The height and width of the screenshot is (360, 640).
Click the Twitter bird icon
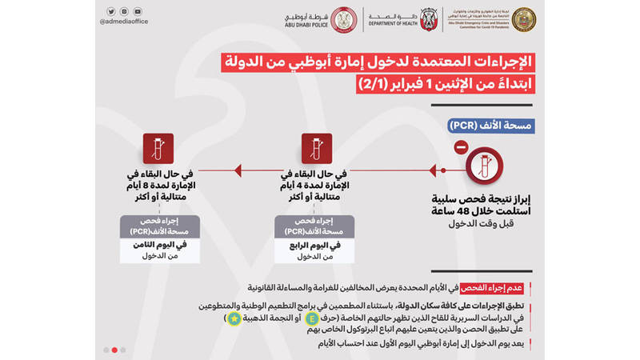point(110,12)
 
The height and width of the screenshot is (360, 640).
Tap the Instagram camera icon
point(124,12)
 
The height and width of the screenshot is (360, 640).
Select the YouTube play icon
point(138,12)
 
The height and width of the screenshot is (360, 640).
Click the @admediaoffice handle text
point(125,24)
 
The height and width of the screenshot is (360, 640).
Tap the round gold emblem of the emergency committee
point(524,19)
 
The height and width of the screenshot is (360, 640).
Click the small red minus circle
point(460,148)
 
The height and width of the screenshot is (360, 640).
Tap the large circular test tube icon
point(486,170)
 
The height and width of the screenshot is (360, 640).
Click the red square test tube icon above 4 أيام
point(317,149)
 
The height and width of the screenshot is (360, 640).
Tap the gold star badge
point(234,318)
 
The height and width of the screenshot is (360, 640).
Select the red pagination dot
point(114,350)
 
